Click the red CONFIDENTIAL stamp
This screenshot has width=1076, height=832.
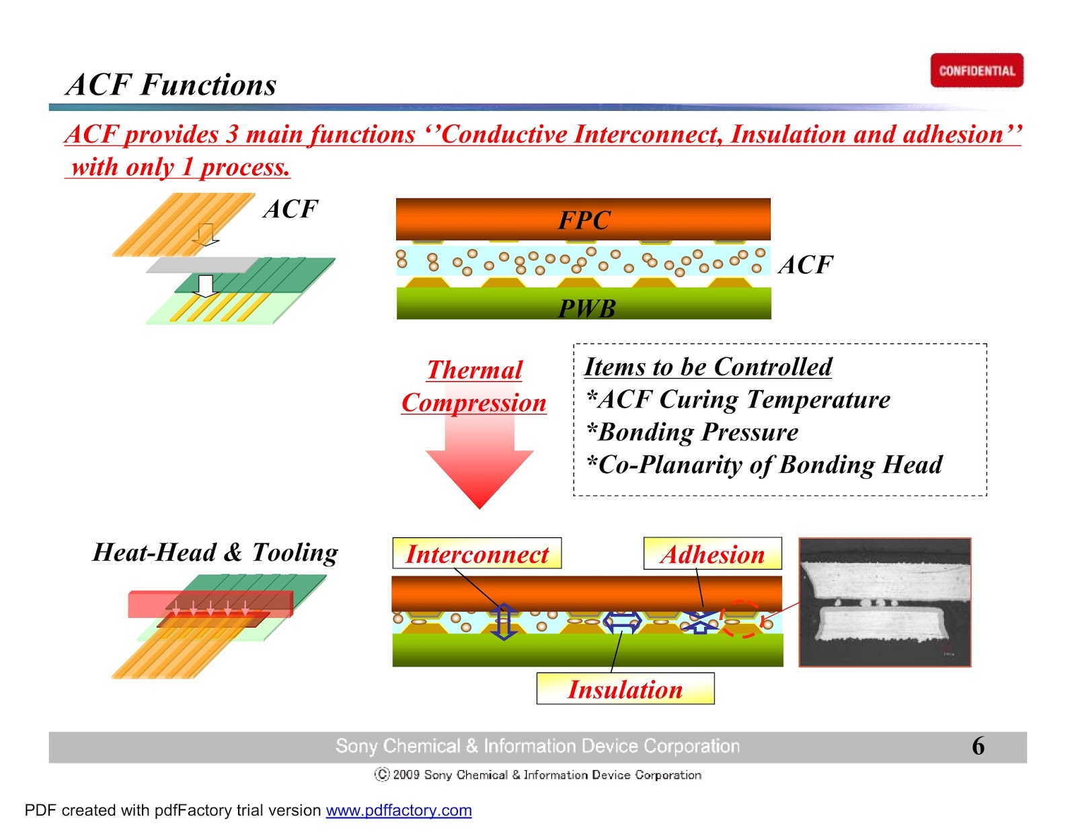976,71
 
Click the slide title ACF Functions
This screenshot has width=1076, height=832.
171,85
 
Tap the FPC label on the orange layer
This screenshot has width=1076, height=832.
584,220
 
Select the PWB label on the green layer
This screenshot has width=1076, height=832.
586,309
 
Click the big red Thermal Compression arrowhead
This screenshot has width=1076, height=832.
479,474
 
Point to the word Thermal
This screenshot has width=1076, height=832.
475,370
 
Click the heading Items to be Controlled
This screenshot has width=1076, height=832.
707,367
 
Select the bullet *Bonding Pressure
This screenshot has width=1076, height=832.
692,432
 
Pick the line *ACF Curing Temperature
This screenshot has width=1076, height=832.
738,400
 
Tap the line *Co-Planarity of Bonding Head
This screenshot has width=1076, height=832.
764,464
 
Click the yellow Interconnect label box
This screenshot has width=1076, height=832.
477,554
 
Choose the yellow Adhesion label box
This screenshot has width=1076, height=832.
712,554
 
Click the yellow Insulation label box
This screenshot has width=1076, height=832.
625,689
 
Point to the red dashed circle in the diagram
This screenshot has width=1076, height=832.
741,619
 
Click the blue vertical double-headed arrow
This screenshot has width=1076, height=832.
504,621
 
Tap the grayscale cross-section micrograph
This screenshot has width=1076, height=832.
884,602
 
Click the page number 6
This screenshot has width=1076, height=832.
978,746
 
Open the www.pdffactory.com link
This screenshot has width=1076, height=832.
399,810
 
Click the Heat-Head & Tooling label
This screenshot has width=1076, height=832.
215,552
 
